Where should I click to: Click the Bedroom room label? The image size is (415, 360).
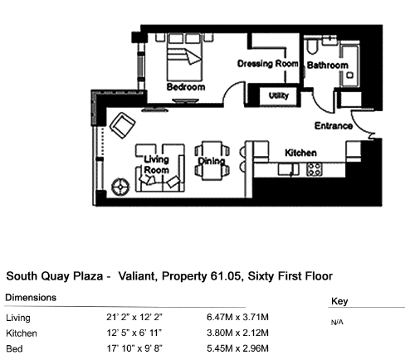tap(186, 87)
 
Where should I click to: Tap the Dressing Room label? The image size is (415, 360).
tap(268, 64)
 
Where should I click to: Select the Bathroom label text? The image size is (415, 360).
tap(328, 66)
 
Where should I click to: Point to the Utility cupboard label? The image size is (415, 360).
tap(279, 95)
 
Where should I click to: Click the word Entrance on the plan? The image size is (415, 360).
tap(334, 126)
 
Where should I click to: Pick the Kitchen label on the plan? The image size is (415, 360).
tap(300, 153)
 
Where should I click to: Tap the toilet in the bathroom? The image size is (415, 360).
tap(312, 46)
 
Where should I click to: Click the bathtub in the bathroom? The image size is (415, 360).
tap(349, 65)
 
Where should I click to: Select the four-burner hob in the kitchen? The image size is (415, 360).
tap(315, 169)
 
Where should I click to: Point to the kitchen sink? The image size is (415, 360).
tap(288, 169)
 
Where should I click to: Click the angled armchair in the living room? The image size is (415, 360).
tap(123, 125)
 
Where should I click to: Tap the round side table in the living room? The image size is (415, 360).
tap(120, 187)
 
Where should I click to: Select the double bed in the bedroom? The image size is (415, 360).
tap(184, 57)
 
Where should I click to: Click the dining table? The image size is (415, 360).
tap(212, 161)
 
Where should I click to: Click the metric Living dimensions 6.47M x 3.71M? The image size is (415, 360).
tap(237, 317)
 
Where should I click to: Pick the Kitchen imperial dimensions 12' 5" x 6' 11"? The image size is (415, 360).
tap(134, 333)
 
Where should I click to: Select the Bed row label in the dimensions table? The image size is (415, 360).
tap(14, 348)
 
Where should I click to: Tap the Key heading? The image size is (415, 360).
tap(339, 301)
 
